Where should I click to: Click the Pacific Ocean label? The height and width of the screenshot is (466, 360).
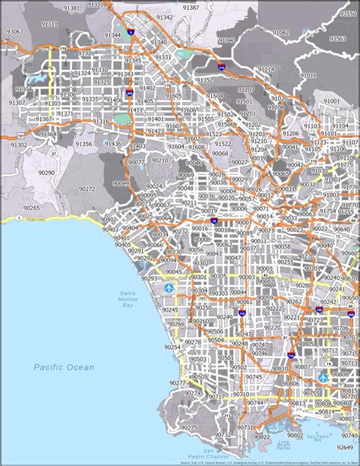[64, 367]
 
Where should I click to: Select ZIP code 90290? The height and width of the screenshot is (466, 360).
[46, 173]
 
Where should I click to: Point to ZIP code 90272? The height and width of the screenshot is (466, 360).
[87, 189]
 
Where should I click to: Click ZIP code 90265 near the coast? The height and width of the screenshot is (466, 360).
[31, 208]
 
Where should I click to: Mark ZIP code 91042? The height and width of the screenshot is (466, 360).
[281, 33]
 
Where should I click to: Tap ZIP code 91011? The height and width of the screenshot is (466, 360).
[308, 76]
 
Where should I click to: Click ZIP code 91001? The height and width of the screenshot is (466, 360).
[332, 100]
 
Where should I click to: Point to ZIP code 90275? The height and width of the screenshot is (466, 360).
[188, 427]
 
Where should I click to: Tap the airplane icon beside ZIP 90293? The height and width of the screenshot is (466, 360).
[178, 289]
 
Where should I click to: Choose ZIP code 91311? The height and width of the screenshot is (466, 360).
[49, 24]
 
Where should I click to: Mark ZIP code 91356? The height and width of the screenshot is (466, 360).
[84, 144]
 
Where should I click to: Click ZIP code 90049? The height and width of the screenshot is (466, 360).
[122, 183]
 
